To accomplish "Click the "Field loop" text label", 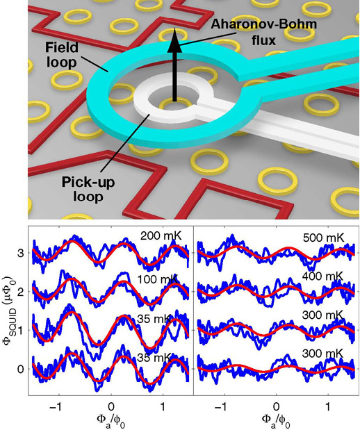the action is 61,55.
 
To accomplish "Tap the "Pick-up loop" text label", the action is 88,189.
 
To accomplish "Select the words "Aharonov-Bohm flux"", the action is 263,33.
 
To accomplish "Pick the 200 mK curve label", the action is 161,236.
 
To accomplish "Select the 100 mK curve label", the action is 158,279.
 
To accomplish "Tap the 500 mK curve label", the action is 323,238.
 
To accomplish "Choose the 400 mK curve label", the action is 322,276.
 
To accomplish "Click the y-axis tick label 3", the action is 21,253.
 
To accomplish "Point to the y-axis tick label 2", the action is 21,292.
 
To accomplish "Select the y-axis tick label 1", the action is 21,330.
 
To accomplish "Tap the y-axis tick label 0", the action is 21,369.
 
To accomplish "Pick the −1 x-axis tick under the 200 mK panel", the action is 56,406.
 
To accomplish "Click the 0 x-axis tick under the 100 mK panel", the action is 111,406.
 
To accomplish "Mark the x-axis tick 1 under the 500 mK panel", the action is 328,406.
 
